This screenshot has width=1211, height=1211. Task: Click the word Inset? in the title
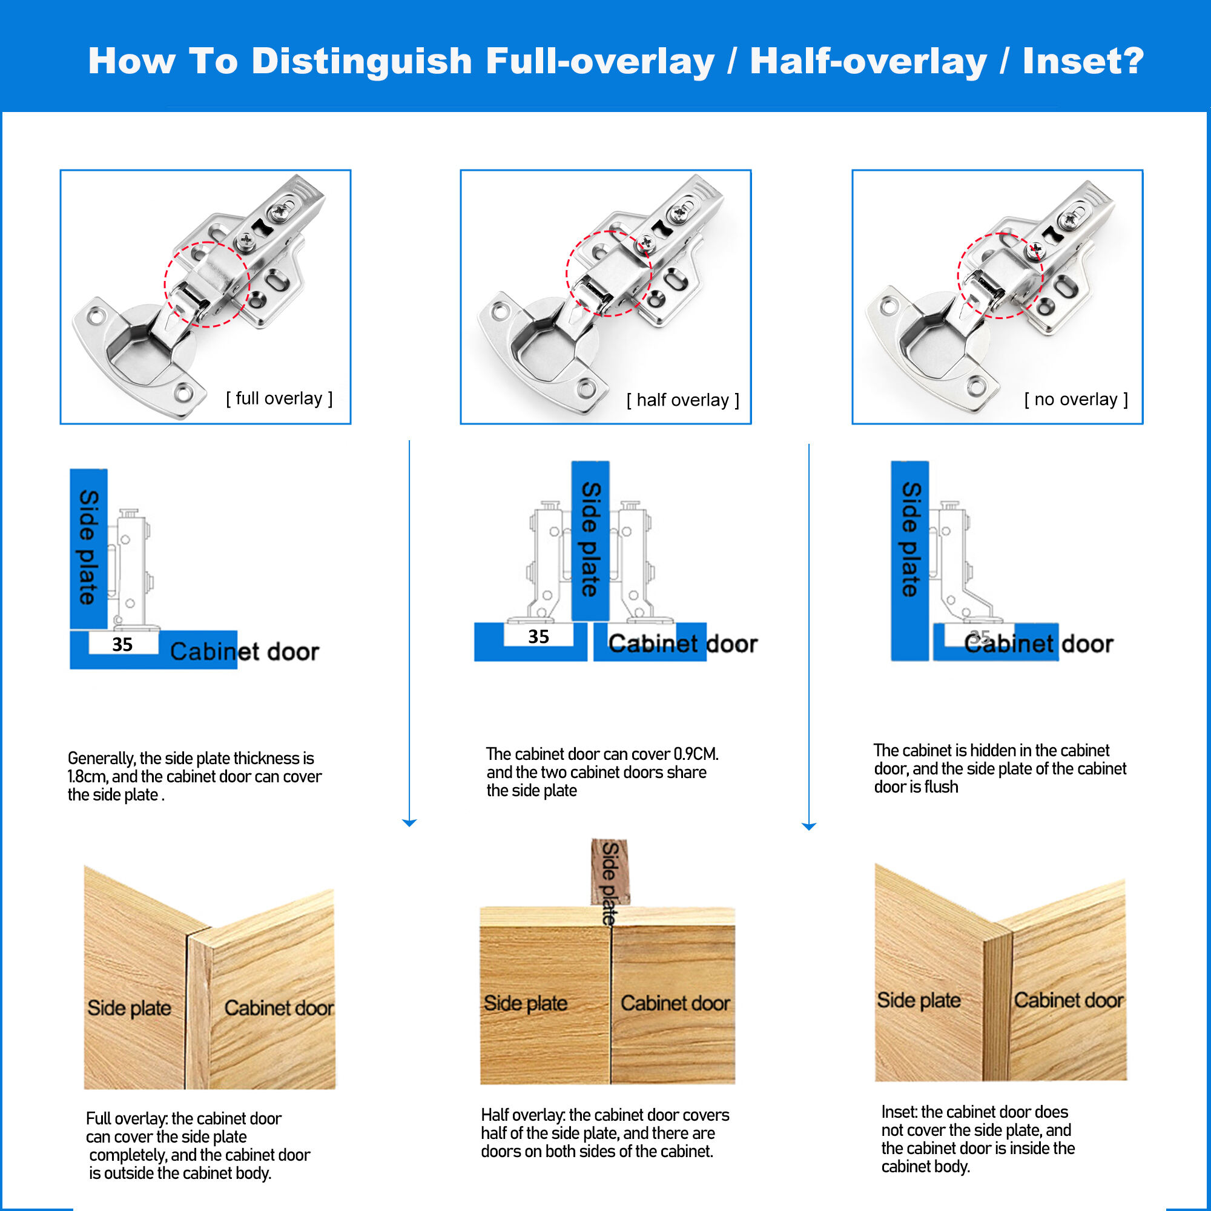pyautogui.click(x=1083, y=62)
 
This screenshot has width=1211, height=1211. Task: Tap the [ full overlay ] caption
pyautogui.click(x=279, y=398)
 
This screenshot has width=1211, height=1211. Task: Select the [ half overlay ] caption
pyautogui.click(x=682, y=400)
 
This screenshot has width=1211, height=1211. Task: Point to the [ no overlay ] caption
pyautogui.click(x=1075, y=400)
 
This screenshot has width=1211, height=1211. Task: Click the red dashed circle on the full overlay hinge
pyautogui.click(x=165, y=284)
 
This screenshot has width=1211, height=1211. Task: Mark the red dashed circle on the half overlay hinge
pyautogui.click(x=567, y=274)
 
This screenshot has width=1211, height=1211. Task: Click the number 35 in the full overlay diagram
pyautogui.click(x=122, y=644)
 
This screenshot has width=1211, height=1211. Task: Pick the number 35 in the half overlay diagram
pyautogui.click(x=538, y=637)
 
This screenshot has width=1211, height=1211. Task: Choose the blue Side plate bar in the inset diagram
pyautogui.click(x=910, y=561)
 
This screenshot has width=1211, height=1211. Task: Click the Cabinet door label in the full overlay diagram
pyautogui.click(x=245, y=652)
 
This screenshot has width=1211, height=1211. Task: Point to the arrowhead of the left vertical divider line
pyautogui.click(x=409, y=823)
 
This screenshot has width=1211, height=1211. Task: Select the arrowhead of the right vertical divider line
pyautogui.click(x=809, y=827)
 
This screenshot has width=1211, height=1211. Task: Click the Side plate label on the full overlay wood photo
pyautogui.click(x=129, y=1008)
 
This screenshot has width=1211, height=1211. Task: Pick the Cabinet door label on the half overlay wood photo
pyautogui.click(x=675, y=1003)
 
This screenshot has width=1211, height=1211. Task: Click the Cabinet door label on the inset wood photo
pyautogui.click(x=1069, y=1000)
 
